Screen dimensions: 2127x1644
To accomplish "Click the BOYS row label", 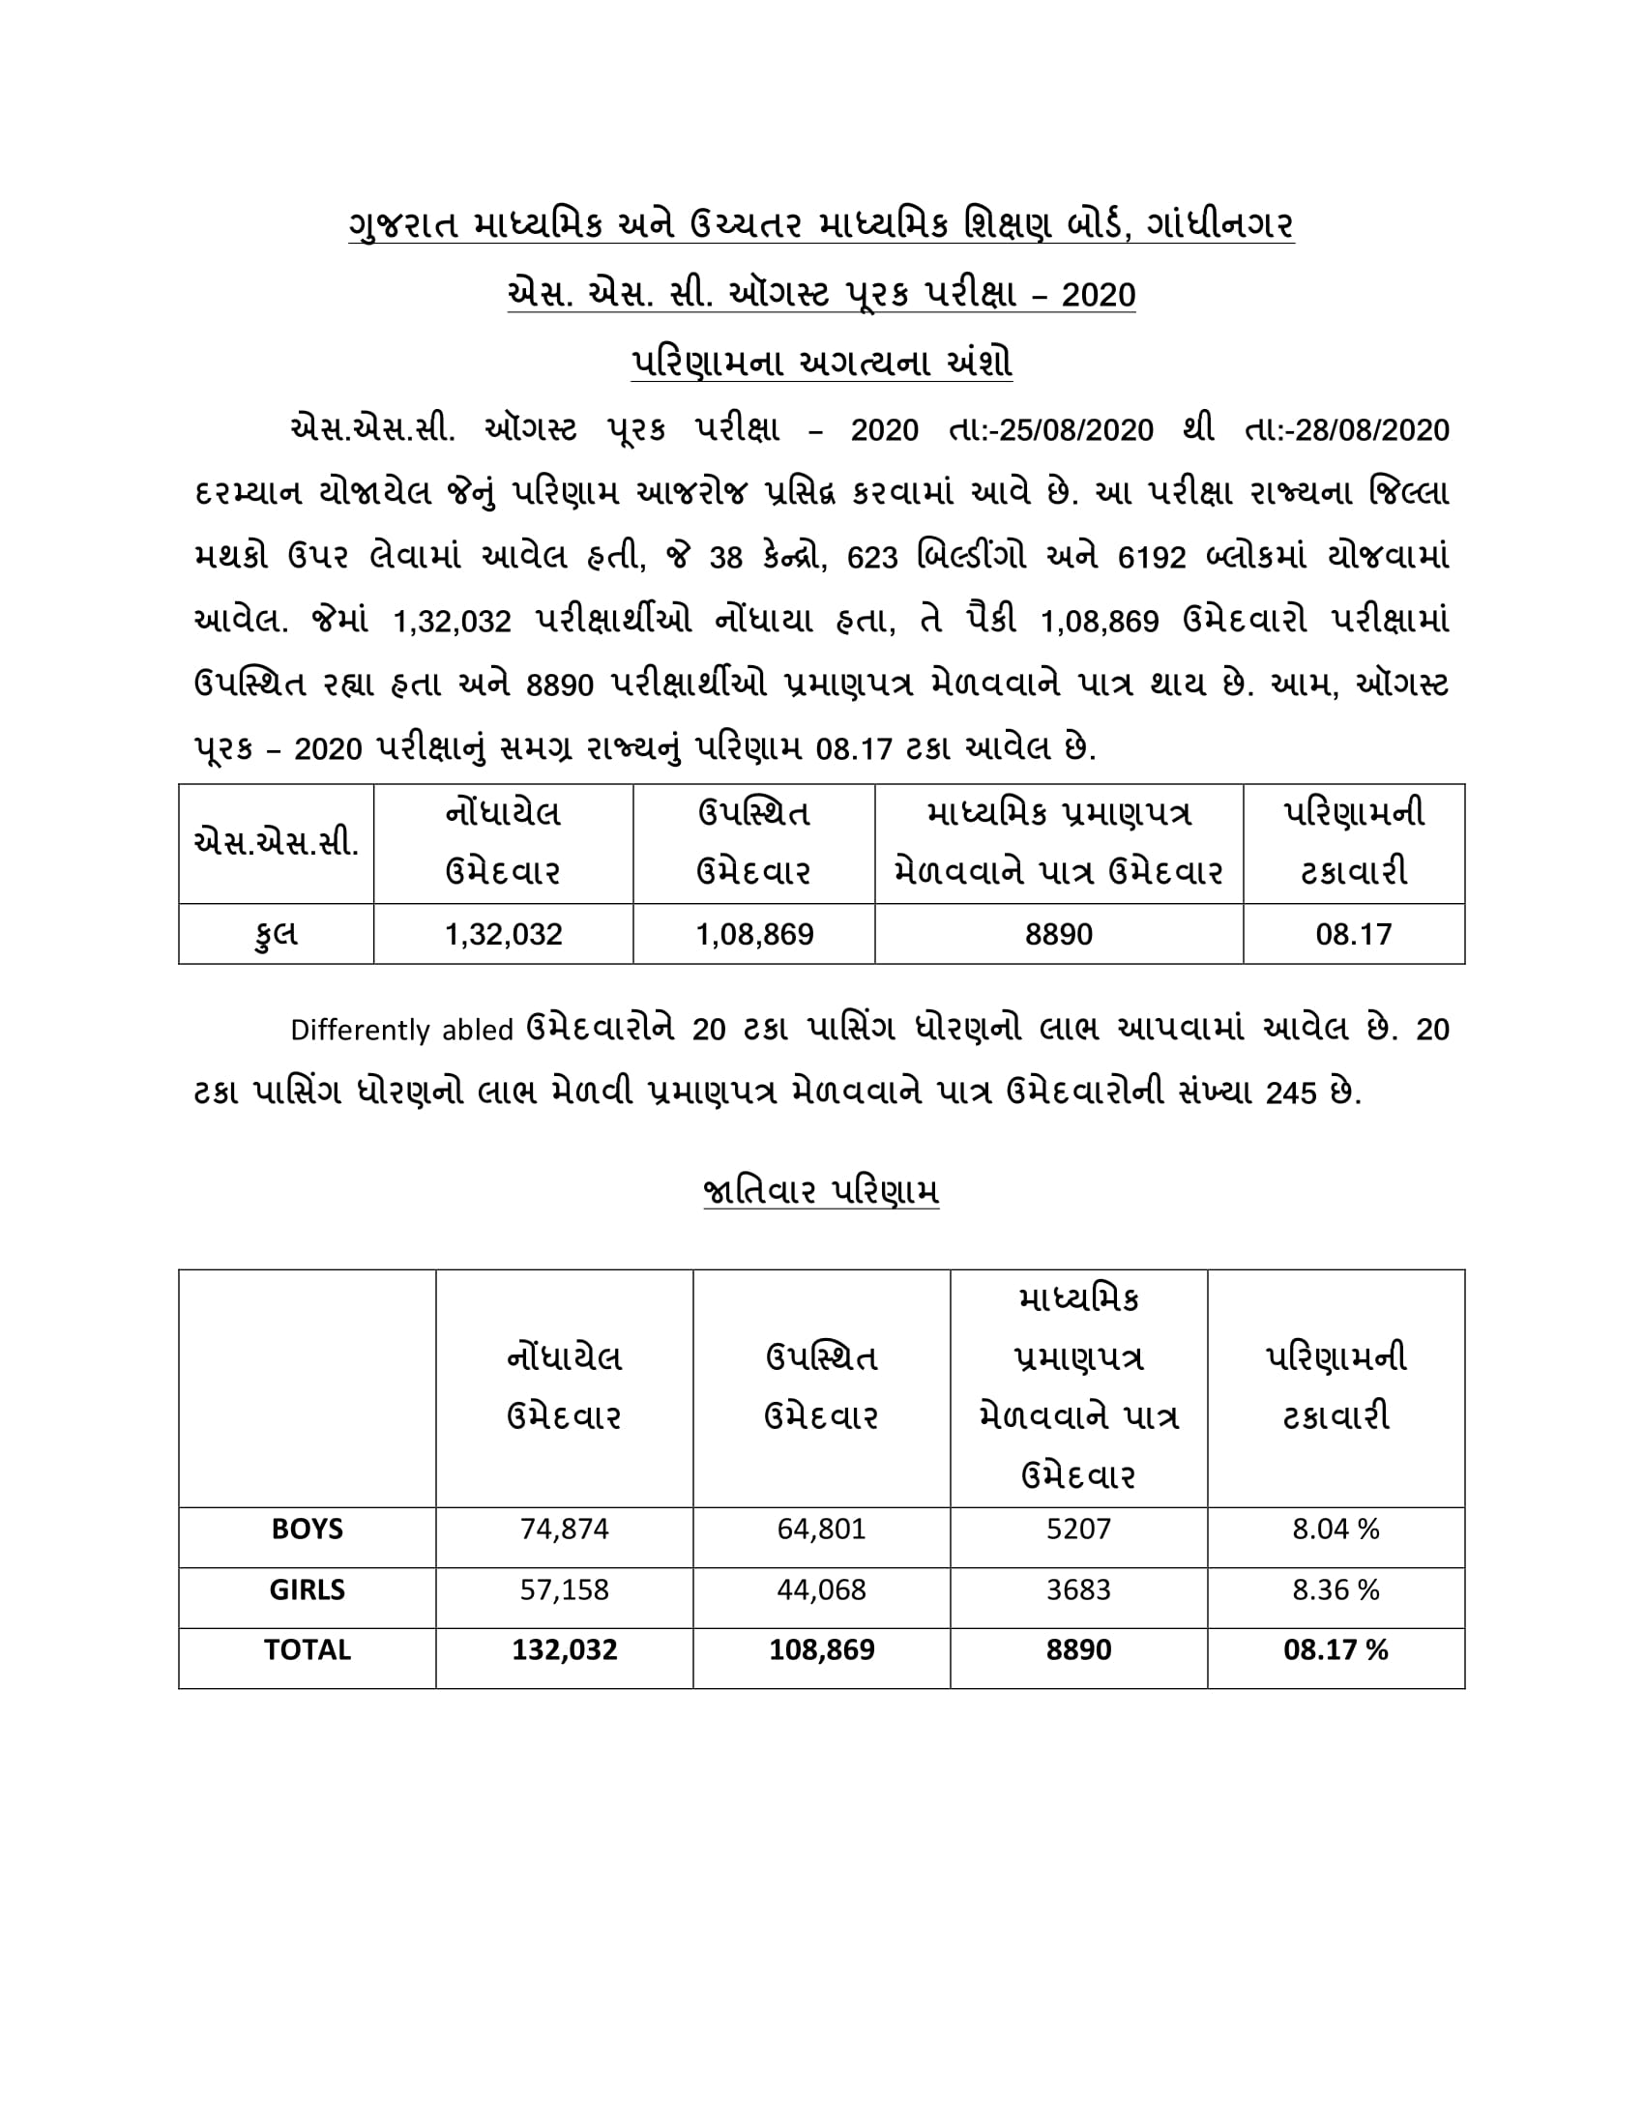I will click(307, 1530).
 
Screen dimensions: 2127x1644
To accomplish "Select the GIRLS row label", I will click(307, 1589).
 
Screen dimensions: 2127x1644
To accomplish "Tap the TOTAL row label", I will click(307, 1649).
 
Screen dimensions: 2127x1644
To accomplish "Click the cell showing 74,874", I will click(564, 1530).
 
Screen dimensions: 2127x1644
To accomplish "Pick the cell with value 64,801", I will click(821, 1530).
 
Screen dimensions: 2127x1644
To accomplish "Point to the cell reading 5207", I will click(1078, 1530).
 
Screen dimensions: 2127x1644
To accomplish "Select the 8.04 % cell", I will click(1336, 1530).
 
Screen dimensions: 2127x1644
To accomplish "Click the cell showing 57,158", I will click(564, 1589).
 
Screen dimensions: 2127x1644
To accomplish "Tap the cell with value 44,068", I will click(821, 1589).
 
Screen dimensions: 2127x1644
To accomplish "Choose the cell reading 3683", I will click(1078, 1589).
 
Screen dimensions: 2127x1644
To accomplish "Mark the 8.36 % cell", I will click(1336, 1589).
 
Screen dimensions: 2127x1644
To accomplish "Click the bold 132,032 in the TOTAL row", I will click(564, 1649).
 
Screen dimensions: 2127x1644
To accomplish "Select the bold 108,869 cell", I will click(821, 1649).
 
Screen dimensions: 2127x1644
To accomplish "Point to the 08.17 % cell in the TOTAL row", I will click(1336, 1649).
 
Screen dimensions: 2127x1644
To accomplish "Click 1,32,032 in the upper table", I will click(504, 935).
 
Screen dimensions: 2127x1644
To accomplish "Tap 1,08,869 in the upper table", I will click(754, 935).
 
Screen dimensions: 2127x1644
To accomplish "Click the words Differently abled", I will click(401, 1031).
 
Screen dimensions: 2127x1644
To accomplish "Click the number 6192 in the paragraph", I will click(1152, 558).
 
